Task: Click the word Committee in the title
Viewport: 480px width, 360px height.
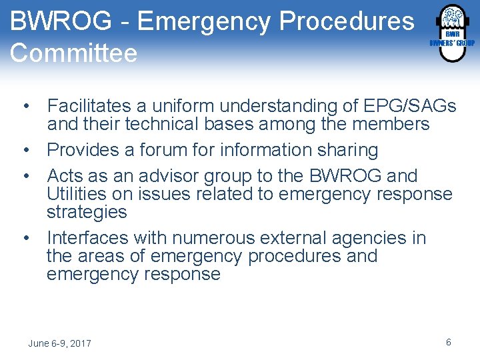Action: pos(74,53)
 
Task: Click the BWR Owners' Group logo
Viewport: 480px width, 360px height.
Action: pos(451,33)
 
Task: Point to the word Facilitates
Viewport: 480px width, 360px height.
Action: pos(93,106)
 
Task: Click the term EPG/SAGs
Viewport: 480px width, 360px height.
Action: pos(410,106)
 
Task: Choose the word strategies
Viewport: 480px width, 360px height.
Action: pos(87,212)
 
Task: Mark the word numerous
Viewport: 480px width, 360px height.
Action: pos(219,238)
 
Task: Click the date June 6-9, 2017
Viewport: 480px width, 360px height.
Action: pos(59,343)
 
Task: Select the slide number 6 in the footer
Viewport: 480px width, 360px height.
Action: pos(449,342)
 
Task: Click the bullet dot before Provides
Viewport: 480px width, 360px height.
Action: pos(25,150)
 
